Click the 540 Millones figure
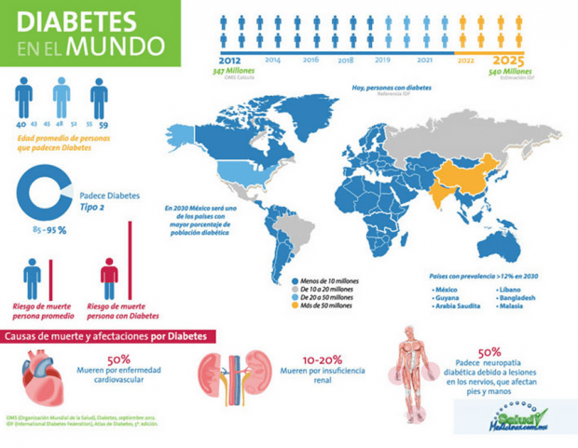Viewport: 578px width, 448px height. coord(508,72)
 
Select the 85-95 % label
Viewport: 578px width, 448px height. coord(49,230)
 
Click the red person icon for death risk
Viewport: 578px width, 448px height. coord(109,277)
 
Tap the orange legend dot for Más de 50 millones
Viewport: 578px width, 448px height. coord(295,305)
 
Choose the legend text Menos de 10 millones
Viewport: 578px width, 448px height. coord(328,279)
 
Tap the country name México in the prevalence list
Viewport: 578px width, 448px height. coord(447,290)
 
